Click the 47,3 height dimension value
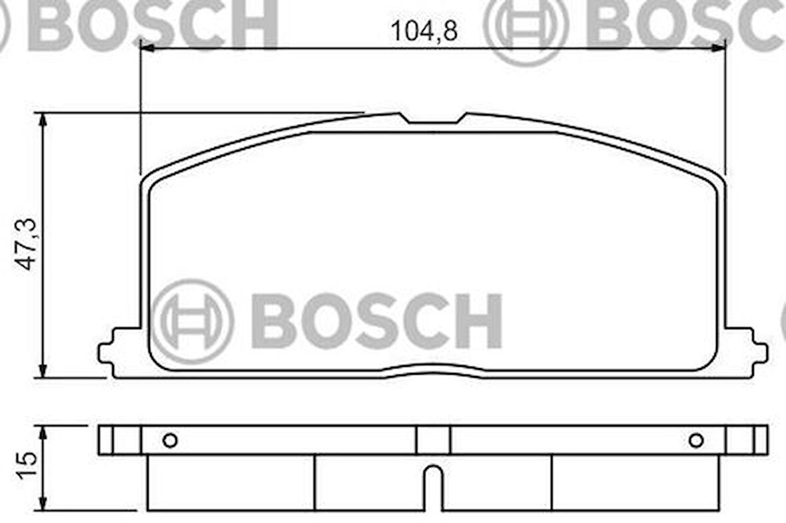point(27,246)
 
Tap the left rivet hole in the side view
point(170,440)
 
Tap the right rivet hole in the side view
point(696,440)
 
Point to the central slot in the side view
point(433,486)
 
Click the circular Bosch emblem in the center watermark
point(193,321)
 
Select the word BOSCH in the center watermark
point(377,321)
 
